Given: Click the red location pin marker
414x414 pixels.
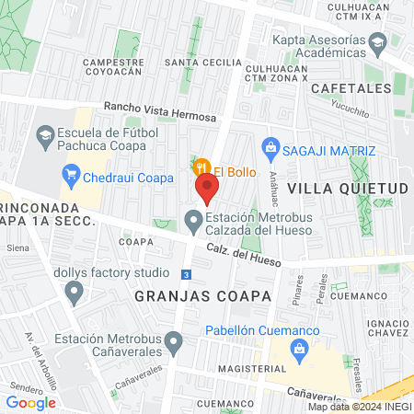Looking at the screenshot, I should pyautogui.click(x=207, y=190).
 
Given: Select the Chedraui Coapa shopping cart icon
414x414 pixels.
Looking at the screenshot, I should pyautogui.click(x=71, y=174).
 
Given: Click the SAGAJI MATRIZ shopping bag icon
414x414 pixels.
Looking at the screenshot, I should pyautogui.click(x=270, y=146).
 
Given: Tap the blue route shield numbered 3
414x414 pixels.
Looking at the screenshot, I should pyautogui.click(x=187, y=275).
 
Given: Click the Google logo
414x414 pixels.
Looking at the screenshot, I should pyautogui.click(x=31, y=402).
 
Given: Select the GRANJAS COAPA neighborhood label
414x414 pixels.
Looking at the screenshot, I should pyautogui.click(x=203, y=296).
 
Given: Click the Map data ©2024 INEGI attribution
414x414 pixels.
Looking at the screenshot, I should pyautogui.click(x=358, y=407).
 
